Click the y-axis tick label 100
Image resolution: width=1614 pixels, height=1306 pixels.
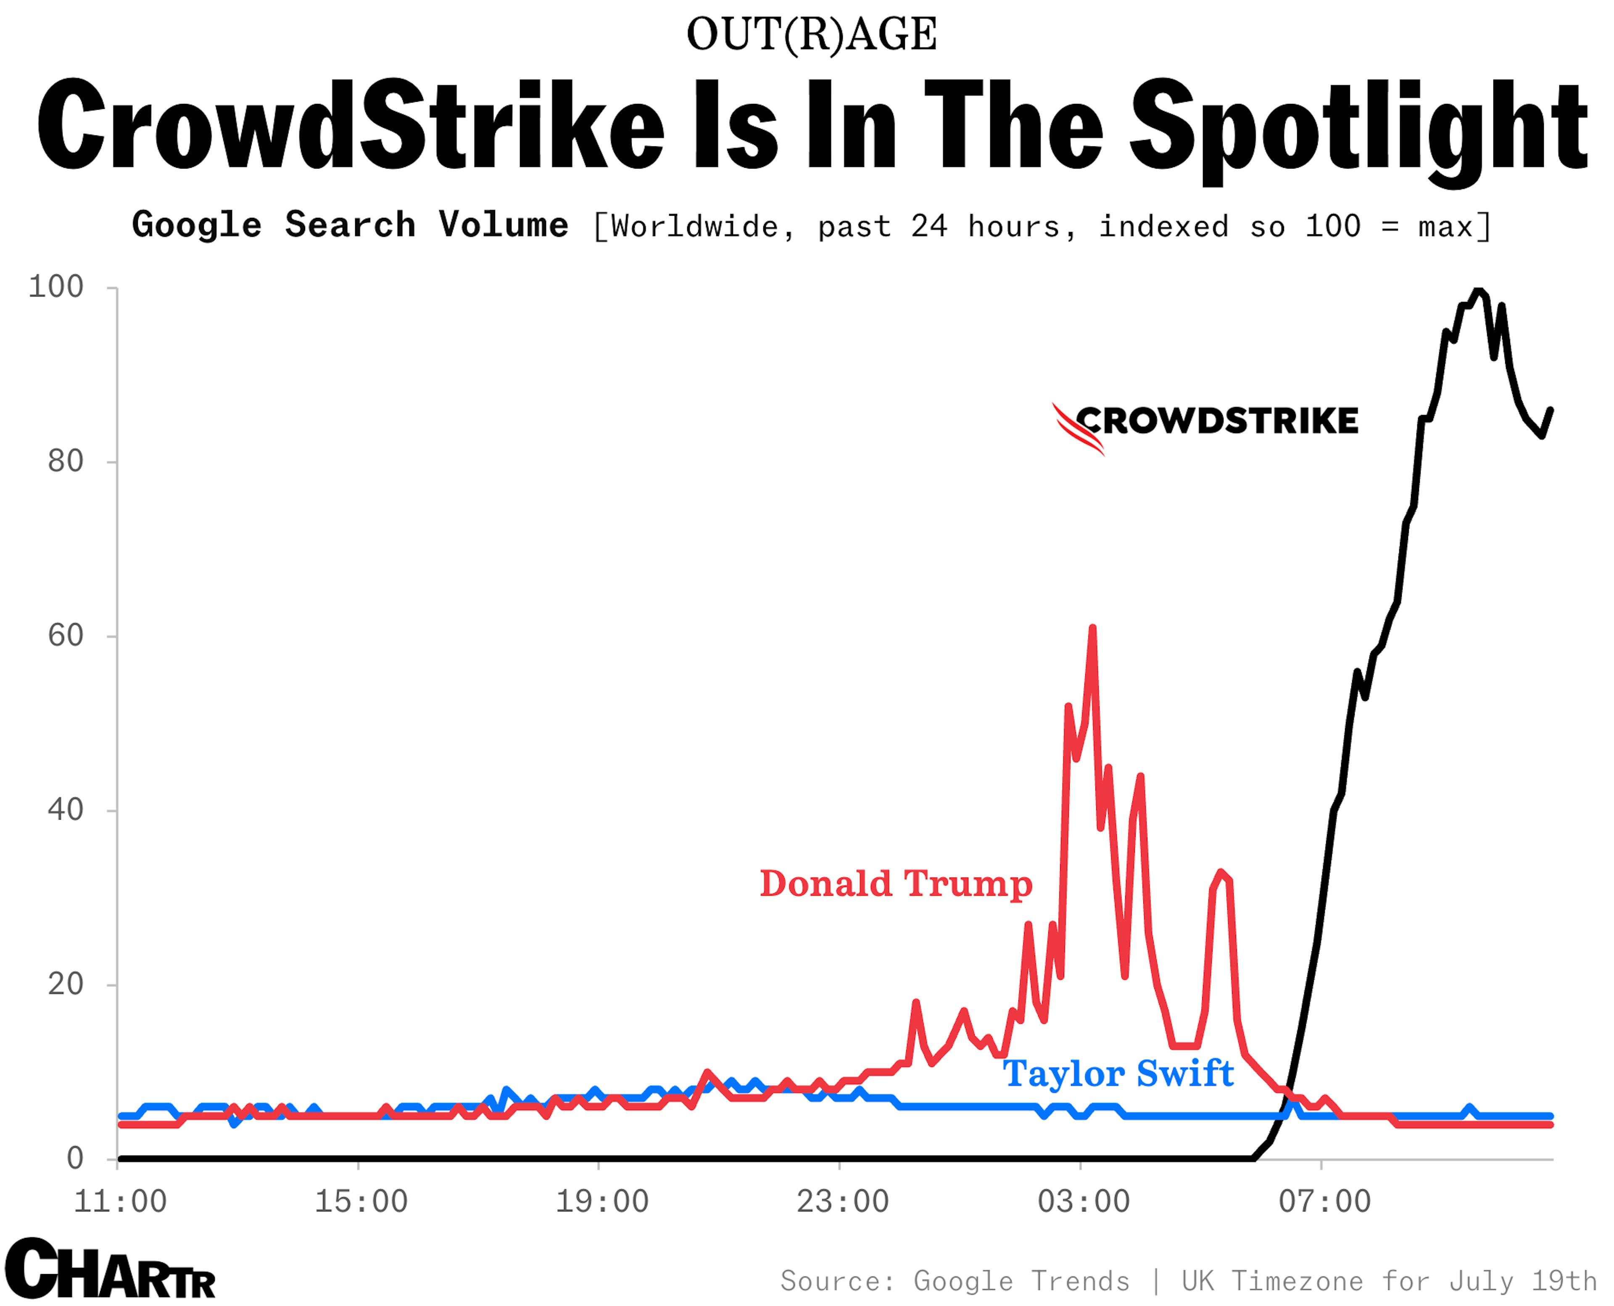pyautogui.click(x=55, y=287)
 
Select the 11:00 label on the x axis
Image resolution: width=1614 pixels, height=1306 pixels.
pyautogui.click(x=120, y=1201)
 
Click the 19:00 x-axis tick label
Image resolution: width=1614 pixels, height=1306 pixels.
pyautogui.click(x=602, y=1201)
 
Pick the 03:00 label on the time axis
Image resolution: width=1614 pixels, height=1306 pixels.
pyautogui.click(x=1084, y=1201)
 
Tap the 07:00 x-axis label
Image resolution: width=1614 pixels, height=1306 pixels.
pyautogui.click(x=1324, y=1201)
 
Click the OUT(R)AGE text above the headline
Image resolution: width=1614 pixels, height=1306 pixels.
pyautogui.click(x=812, y=34)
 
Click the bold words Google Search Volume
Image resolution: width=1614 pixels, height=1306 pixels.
pyautogui.click(x=350, y=225)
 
